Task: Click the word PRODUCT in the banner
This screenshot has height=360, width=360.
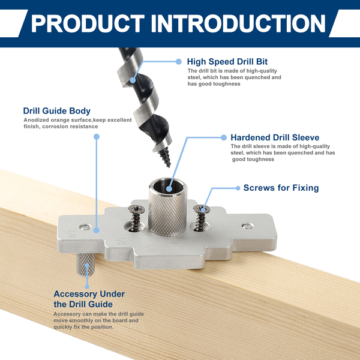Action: (88, 23)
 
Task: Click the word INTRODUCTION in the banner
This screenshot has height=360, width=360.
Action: (238, 23)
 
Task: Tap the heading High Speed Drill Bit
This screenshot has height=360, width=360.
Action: (227, 62)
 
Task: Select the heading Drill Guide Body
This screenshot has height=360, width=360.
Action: (57, 110)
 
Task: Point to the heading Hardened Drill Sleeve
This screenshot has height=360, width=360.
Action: (275, 137)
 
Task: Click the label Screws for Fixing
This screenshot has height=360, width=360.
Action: (281, 188)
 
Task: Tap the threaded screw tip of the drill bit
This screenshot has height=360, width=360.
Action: (166, 157)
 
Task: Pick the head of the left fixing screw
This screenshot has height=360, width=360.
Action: (136, 209)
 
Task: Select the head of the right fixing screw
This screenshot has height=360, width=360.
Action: (202, 209)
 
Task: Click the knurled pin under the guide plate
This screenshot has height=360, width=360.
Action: (85, 265)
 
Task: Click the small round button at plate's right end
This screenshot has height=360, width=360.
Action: (248, 226)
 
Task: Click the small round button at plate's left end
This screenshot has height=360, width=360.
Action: (85, 227)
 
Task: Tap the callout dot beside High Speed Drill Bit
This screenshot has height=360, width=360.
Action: (178, 62)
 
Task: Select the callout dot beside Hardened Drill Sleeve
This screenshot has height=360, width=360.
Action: (224, 137)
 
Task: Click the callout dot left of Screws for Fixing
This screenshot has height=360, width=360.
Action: (238, 188)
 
